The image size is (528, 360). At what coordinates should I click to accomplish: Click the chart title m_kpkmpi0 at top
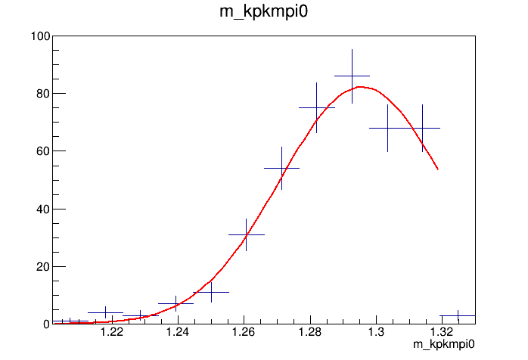263,14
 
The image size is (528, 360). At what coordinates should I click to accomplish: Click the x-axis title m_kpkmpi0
443,345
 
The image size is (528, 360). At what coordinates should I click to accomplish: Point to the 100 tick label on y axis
40,36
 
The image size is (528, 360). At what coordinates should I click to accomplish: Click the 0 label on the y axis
47,324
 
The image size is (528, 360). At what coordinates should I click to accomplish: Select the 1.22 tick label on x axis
112,333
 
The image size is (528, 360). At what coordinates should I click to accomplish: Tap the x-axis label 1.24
178,333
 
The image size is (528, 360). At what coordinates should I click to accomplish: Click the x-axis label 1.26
244,333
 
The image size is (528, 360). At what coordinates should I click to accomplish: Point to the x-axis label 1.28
309,333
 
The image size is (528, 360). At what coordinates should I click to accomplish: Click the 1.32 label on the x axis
441,333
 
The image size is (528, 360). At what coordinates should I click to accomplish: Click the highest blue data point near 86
352,76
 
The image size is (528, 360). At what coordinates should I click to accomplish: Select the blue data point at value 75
317,107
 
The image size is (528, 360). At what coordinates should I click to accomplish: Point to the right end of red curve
437,169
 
